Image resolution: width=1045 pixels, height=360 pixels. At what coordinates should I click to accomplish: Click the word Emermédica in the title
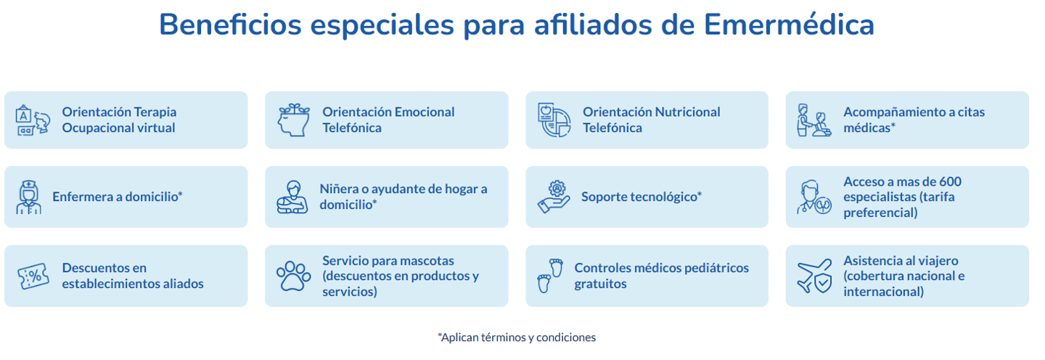pyautogui.click(x=789, y=24)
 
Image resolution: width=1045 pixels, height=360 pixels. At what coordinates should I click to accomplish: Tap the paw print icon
pyautogui.click(x=293, y=276)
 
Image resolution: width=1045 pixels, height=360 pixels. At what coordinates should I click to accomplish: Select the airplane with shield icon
pyautogui.click(x=814, y=276)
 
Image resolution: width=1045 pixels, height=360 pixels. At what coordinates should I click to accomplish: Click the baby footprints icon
pyautogui.click(x=550, y=276)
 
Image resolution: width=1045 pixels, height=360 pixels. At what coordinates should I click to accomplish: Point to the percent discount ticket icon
pyautogui.click(x=33, y=276)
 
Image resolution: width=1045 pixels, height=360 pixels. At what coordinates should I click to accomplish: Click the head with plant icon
pyautogui.click(x=294, y=120)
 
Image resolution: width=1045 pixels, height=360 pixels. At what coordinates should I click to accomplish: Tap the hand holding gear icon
pyautogui.click(x=554, y=197)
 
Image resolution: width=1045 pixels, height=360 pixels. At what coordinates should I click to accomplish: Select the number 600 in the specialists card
pyautogui.click(x=948, y=181)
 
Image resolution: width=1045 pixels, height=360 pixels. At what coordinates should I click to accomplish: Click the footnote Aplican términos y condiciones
pyautogui.click(x=517, y=337)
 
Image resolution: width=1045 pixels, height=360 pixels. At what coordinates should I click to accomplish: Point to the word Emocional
pyautogui.click(x=424, y=112)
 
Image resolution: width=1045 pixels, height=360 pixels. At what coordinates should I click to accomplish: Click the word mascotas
pyautogui.click(x=425, y=261)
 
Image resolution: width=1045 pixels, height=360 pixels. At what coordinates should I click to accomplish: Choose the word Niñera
pyautogui.click(x=338, y=189)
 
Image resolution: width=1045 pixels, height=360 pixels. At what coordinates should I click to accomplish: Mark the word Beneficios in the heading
pyautogui.click(x=231, y=24)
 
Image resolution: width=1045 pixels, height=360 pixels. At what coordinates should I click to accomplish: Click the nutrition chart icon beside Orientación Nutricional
pyautogui.click(x=554, y=120)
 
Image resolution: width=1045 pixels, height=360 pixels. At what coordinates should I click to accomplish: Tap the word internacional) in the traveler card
pyautogui.click(x=884, y=292)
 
